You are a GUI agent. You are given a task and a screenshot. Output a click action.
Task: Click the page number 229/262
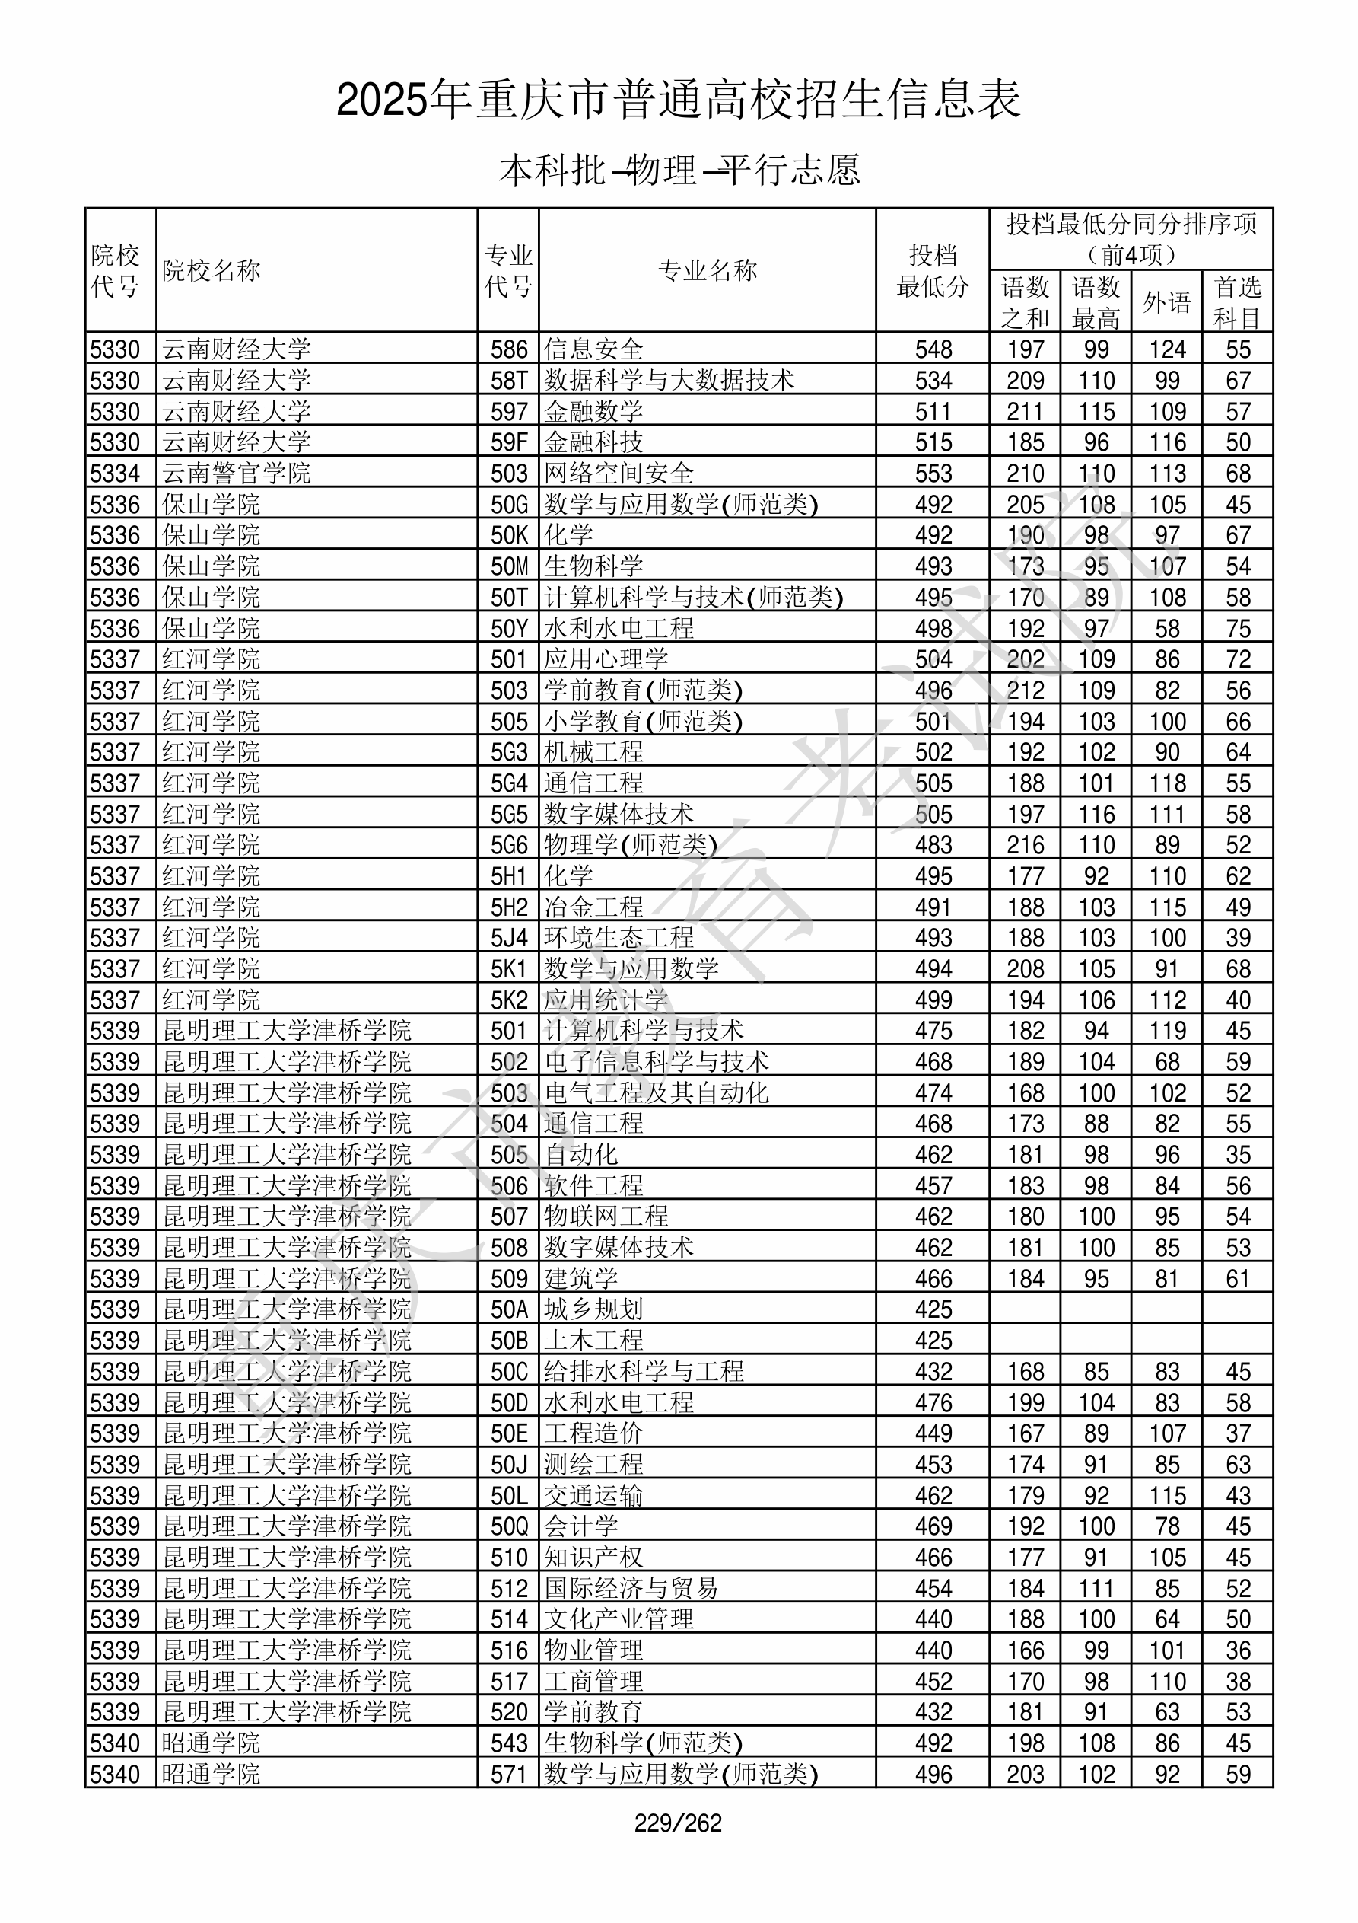point(678,1823)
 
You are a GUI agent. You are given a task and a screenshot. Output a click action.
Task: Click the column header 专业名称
point(708,270)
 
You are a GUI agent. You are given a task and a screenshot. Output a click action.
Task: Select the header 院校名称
point(211,270)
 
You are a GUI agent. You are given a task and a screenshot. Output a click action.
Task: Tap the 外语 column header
point(1166,302)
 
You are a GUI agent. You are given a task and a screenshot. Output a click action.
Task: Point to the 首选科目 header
point(1238,302)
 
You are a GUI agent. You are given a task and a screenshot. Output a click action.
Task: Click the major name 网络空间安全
point(619,474)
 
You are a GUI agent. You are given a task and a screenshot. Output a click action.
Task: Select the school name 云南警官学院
point(236,474)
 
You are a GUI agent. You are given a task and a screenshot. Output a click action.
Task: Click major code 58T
point(509,380)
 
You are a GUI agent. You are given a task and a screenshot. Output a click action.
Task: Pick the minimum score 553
point(933,474)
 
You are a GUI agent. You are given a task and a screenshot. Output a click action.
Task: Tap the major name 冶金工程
point(593,907)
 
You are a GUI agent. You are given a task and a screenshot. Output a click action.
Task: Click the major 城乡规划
point(593,1309)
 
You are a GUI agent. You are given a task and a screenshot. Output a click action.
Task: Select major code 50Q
point(509,1526)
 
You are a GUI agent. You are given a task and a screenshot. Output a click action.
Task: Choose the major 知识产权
point(593,1557)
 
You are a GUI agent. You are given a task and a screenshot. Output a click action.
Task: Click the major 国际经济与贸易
point(631,1588)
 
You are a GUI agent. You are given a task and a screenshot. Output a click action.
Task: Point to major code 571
point(509,1774)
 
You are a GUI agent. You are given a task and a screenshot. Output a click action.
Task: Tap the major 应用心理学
point(606,659)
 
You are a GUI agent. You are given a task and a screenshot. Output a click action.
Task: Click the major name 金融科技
point(593,442)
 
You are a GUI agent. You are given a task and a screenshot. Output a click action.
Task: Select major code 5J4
point(509,938)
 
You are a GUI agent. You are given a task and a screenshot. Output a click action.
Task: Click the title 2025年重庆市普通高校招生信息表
point(678,100)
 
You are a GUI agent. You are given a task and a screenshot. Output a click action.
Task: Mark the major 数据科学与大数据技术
point(669,380)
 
